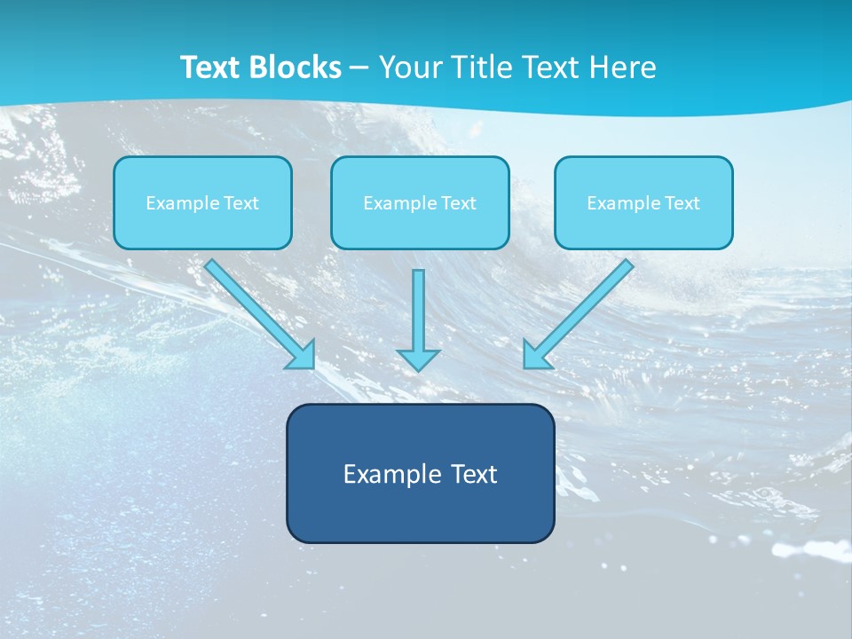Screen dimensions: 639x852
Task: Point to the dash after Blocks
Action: coord(359,68)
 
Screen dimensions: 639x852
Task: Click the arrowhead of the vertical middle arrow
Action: coord(418,359)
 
